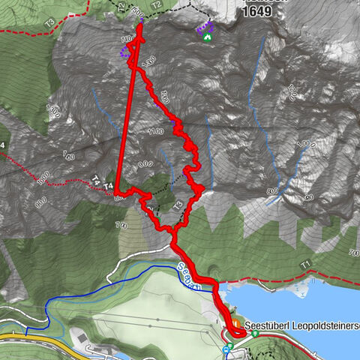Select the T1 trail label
click(x=305, y=264)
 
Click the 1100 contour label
click(x=155, y=132)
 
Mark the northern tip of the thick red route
click(x=140, y=28)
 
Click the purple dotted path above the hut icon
click(x=203, y=28)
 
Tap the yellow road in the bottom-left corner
click(x=30, y=338)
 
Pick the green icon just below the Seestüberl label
click(x=255, y=334)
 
